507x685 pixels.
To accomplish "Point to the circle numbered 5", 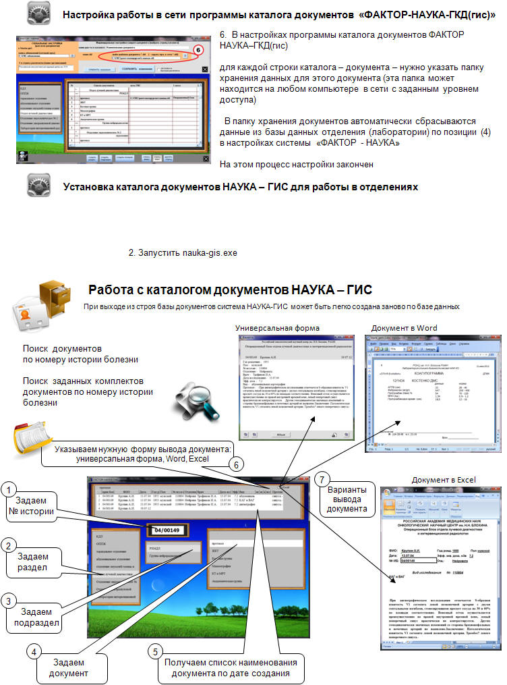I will point(154,652).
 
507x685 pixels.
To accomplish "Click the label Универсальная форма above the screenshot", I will point(278,327).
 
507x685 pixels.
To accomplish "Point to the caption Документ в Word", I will point(405,327).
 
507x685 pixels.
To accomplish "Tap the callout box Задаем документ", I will point(70,667).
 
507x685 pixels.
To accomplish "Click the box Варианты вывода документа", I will point(347,499).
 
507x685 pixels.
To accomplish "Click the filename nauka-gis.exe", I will point(210,253).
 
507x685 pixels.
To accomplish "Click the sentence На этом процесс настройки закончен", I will point(297,164).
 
